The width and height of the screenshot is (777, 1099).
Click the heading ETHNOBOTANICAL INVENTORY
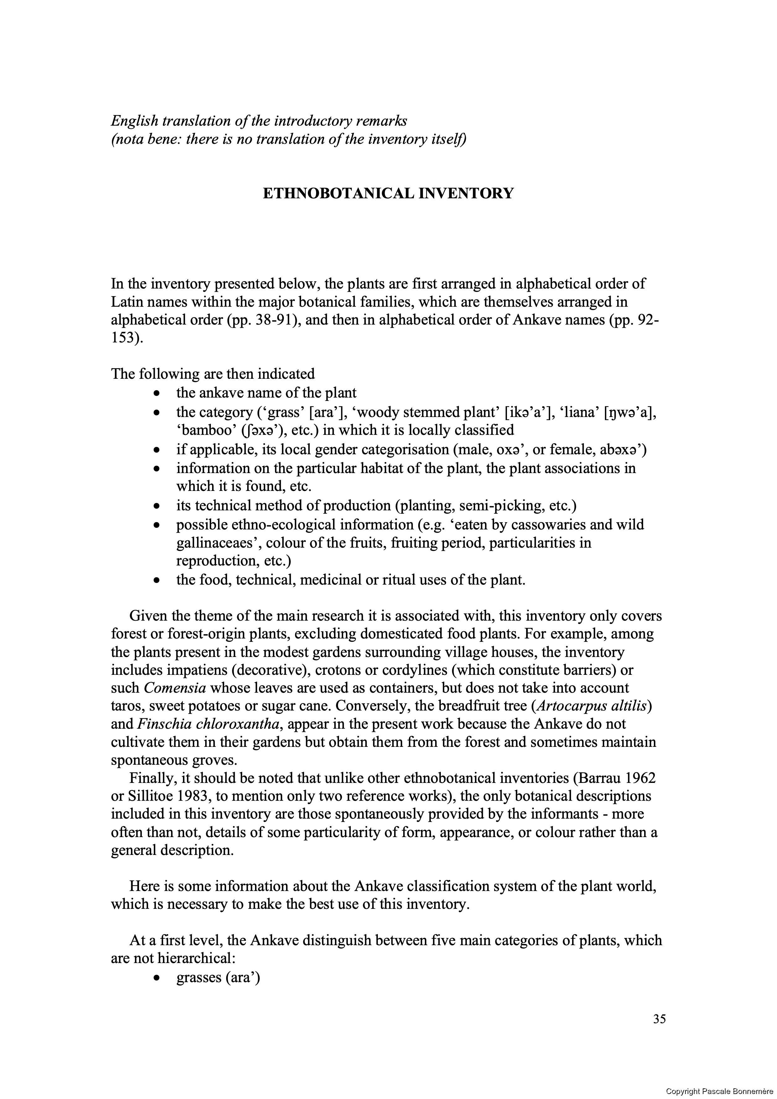[x=388, y=193]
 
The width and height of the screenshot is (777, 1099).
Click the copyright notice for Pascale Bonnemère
[x=721, y=1091]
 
